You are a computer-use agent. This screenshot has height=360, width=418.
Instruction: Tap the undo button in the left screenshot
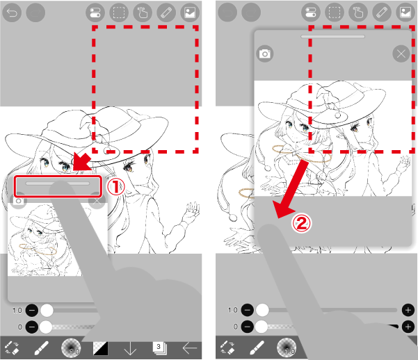point(12,13)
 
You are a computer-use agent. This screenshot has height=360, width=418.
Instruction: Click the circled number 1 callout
point(116,187)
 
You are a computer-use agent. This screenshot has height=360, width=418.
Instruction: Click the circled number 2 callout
point(301,223)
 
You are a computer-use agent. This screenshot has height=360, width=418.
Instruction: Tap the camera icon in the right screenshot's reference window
point(265,54)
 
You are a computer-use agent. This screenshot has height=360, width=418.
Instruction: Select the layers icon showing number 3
point(159,348)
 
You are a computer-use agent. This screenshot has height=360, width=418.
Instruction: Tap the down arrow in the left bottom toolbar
point(130,349)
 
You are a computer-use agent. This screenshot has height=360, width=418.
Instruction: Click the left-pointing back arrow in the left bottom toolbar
point(190,348)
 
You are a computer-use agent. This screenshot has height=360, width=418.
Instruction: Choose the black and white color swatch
point(101,348)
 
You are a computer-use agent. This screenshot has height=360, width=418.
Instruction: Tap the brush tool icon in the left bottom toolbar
point(42,348)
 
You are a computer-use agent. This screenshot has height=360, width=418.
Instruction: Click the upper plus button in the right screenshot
point(408,310)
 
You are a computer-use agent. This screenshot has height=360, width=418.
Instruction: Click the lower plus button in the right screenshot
point(408,327)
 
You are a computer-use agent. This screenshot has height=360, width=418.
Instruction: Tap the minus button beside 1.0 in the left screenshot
point(32,311)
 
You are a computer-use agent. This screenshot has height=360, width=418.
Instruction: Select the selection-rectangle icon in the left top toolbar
point(119,13)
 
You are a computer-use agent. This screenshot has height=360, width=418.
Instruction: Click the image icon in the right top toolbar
point(405,13)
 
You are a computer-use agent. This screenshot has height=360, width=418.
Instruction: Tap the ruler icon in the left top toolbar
point(166,13)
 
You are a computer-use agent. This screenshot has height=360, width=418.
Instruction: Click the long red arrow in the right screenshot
point(291,189)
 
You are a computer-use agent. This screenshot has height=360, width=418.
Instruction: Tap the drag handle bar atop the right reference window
point(332,37)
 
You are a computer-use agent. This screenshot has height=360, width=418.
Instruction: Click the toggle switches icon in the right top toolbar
point(311,13)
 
